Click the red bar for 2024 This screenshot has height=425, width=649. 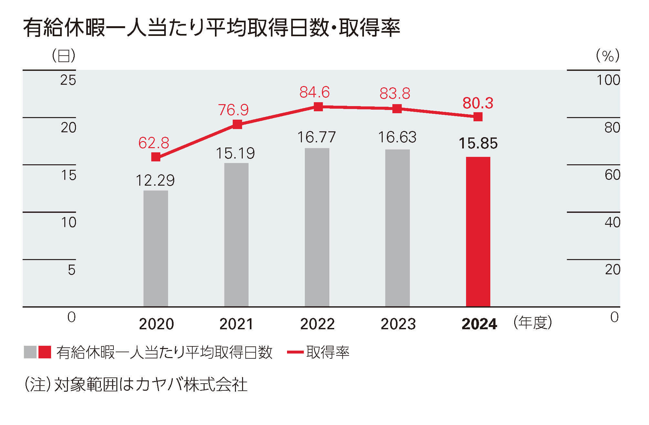coord(478,232)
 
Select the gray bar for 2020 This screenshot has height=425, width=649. coord(155,248)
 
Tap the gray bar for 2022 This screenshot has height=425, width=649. coord(317,227)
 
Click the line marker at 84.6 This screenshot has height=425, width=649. coord(318,106)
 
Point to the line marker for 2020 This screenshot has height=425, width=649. coord(156,157)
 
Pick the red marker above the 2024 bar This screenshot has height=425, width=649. coord(478,116)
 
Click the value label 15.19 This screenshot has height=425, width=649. coord(235,153)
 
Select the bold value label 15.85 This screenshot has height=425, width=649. coord(478,144)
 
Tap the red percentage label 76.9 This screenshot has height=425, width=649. coord(233,110)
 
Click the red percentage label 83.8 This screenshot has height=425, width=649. coord(395,94)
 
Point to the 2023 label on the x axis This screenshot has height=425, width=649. coord(398,324)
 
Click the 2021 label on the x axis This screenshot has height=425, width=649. coord(236,324)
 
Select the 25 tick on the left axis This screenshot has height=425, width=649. coord(68,80)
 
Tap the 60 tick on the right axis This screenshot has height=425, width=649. coord(612,175)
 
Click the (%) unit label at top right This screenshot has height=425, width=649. coord(608,56)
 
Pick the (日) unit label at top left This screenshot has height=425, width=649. coord(64,56)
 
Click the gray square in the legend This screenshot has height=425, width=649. coord(30,352)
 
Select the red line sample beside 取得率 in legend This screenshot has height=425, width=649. coord(295,352)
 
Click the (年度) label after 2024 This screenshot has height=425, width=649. coord(533,322)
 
